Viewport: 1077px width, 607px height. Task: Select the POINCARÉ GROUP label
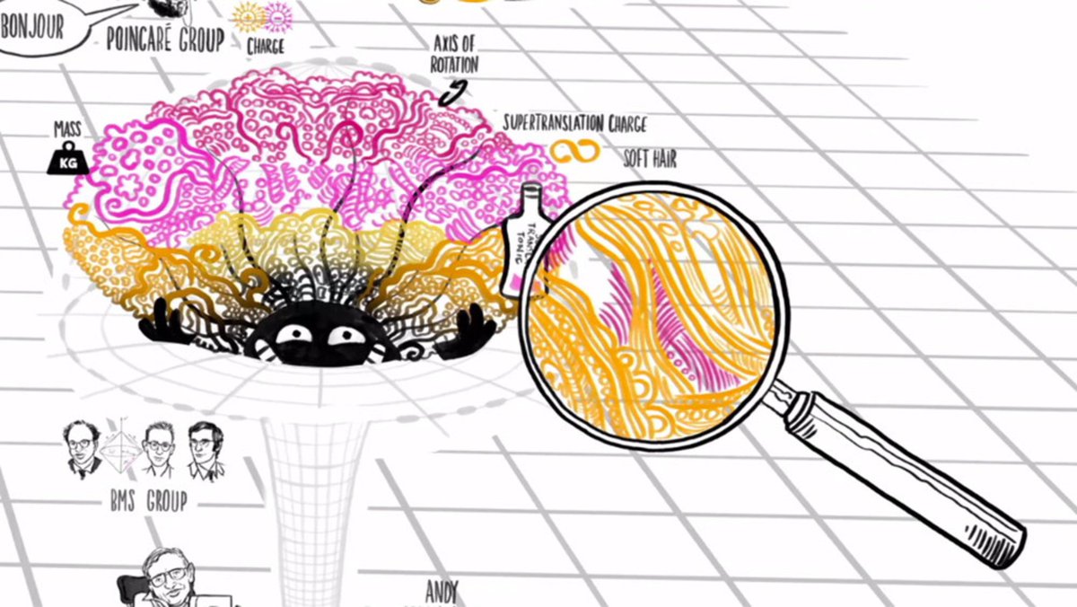pos(164,40)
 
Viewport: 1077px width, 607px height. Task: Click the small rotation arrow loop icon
pos(455,92)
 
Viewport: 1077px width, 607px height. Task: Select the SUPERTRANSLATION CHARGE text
pos(574,124)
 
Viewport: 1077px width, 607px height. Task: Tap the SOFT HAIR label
pos(650,160)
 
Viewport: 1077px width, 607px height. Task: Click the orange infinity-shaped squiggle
pos(574,153)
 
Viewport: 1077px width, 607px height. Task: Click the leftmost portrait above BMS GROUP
pos(83,450)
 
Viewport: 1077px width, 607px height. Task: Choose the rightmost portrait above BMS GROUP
pos(206,451)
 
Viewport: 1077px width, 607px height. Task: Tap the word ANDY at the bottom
pos(442,594)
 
